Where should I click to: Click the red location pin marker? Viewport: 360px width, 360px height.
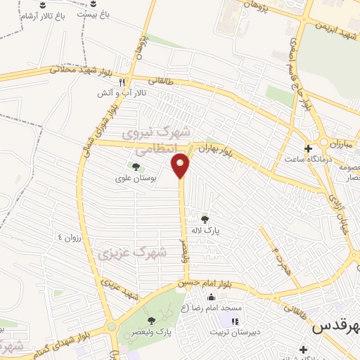point(181,166)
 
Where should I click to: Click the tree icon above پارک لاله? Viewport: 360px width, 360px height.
point(205,219)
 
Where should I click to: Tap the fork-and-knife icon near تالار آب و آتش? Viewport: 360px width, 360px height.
point(122,82)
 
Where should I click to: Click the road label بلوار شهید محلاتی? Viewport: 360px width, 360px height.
point(78,70)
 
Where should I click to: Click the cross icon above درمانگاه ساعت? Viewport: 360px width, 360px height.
point(308,148)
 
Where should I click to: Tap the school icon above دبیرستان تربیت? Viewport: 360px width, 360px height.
point(233,321)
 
